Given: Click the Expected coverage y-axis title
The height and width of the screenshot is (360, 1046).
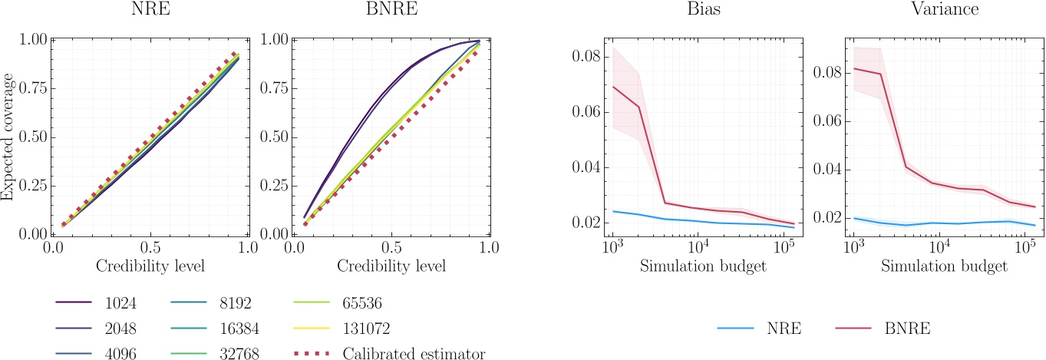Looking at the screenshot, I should pos(8,137).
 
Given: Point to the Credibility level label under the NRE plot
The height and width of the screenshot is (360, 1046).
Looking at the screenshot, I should pos(150,265).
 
